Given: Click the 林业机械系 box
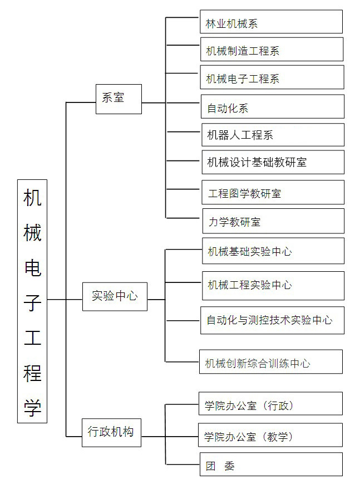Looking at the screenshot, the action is click(x=271, y=22).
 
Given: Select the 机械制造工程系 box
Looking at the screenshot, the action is click(x=272, y=50).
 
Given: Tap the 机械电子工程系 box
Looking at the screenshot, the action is click(x=272, y=77).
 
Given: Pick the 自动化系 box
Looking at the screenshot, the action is click(x=273, y=106).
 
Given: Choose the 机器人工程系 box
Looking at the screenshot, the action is click(x=273, y=135).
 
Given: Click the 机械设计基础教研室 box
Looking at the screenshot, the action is click(x=273, y=162).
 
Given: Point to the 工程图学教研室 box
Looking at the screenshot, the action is click(x=273, y=192).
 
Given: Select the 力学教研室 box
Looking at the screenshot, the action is click(x=273, y=221).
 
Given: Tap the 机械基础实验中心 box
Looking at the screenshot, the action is click(x=273, y=251).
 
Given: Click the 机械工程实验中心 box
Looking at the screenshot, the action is click(x=273, y=286).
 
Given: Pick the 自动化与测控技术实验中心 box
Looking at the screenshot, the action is click(x=273, y=320).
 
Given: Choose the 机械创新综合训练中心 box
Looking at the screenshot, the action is click(x=271, y=362).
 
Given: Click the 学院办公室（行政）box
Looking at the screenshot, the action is click(x=270, y=403).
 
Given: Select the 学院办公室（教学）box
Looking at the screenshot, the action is click(x=270, y=435).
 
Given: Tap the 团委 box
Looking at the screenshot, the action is click(x=271, y=465).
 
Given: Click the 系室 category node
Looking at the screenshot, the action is click(x=119, y=99).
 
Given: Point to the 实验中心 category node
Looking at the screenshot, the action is click(x=115, y=297).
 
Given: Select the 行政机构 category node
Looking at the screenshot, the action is click(x=111, y=433).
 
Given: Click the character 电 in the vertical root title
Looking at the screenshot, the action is click(x=32, y=267).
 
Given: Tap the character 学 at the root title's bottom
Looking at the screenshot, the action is click(x=32, y=408).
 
